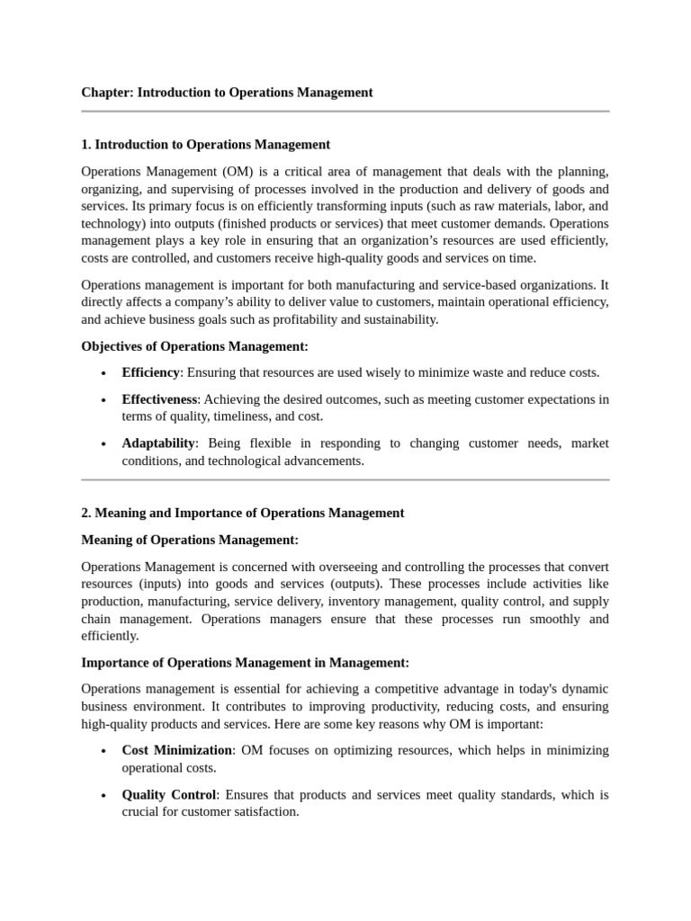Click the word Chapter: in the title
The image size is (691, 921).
pyautogui.click(x=107, y=92)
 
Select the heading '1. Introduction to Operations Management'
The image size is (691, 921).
pyautogui.click(x=205, y=144)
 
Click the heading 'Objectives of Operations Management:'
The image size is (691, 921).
pyautogui.click(x=194, y=346)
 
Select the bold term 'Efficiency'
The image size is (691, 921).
pyautogui.click(x=150, y=372)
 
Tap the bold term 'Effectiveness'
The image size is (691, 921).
pyautogui.click(x=159, y=399)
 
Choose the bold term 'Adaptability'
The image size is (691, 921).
pyautogui.click(x=158, y=443)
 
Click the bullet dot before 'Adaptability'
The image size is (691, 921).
pyautogui.click(x=104, y=444)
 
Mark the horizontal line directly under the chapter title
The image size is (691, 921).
pyautogui.click(x=345, y=112)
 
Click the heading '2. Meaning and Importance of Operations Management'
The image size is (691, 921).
pyautogui.click(x=242, y=513)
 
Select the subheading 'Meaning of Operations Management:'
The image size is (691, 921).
pyautogui.click(x=189, y=540)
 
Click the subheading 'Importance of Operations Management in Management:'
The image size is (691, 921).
pyautogui.click(x=245, y=663)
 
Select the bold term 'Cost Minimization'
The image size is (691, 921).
pyautogui.click(x=177, y=750)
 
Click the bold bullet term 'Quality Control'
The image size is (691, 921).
pyautogui.click(x=169, y=795)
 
